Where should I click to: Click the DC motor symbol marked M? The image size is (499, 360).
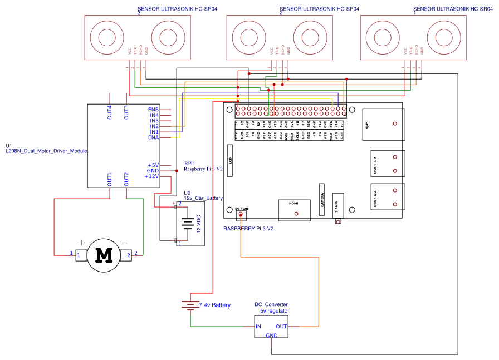pyautogui.click(x=104, y=254)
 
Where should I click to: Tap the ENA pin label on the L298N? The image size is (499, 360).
pyautogui.click(x=153, y=137)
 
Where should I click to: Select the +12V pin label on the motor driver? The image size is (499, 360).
pyautogui.click(x=151, y=176)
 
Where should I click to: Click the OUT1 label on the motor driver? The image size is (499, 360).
pyautogui.click(x=110, y=179)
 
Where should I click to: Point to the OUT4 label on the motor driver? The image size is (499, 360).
pyautogui.click(x=110, y=112)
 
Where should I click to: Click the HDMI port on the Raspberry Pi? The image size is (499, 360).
pyautogui.click(x=293, y=210)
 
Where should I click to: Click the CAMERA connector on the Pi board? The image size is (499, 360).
pyautogui.click(x=322, y=199)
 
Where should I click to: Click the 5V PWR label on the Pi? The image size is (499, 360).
pyautogui.click(x=241, y=209)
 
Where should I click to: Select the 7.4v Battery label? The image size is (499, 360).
pyautogui.click(x=214, y=305)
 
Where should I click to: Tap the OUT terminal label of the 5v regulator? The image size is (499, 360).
pyautogui.click(x=281, y=327)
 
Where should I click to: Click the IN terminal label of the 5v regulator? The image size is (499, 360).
pyautogui.click(x=258, y=327)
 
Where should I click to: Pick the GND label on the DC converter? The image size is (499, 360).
pyautogui.click(x=271, y=336)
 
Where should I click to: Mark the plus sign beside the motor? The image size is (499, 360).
pyautogui.click(x=81, y=243)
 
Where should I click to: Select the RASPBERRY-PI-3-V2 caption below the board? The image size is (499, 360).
pyautogui.click(x=248, y=229)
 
